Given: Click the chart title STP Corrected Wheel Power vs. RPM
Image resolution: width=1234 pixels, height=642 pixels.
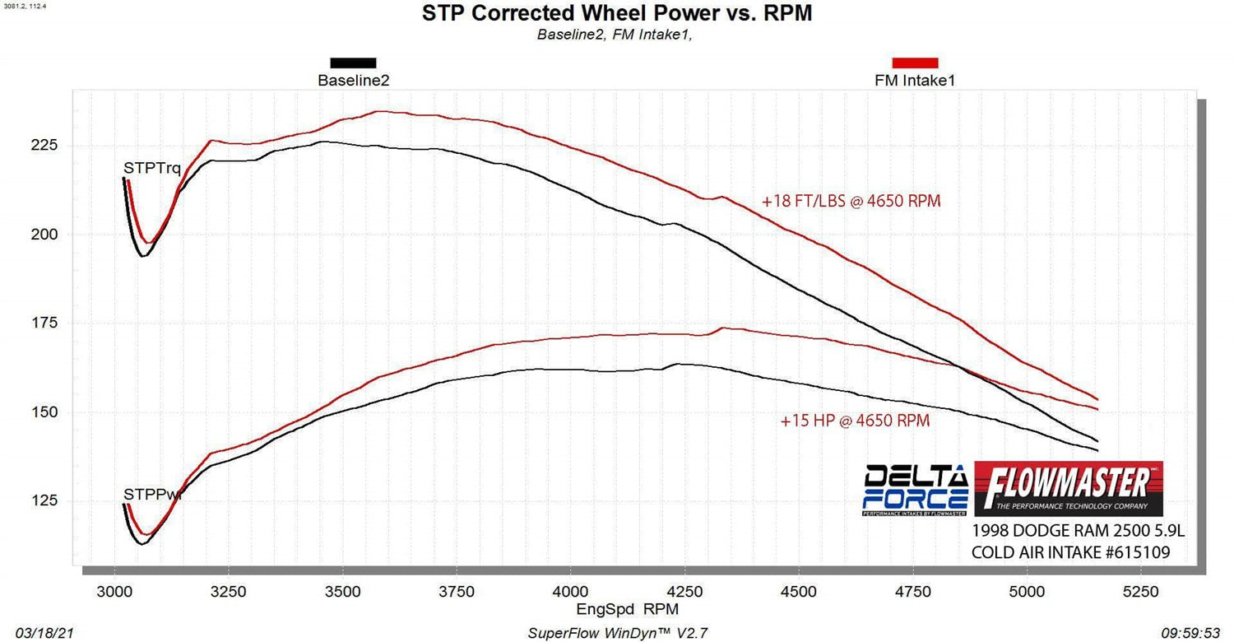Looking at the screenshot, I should (616, 13).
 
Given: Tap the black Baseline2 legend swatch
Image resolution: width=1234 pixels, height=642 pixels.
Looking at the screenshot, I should (353, 63).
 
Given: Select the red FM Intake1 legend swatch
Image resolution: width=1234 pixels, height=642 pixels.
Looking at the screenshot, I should (915, 63).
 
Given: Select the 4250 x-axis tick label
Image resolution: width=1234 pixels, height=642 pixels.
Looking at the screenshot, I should (684, 591).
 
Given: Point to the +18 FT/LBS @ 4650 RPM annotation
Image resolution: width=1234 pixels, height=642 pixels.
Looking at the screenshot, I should (851, 201).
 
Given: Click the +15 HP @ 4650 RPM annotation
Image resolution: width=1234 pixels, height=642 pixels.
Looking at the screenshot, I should (855, 421).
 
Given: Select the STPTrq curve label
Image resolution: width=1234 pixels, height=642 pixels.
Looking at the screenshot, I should (152, 169).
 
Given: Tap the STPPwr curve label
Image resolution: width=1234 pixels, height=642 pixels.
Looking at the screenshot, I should (152, 495).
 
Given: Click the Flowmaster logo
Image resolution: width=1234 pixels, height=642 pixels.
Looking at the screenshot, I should (1069, 487).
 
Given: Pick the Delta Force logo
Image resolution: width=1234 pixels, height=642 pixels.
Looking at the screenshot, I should (916, 491).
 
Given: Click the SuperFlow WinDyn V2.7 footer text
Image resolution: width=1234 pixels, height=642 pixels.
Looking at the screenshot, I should (616, 633).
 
